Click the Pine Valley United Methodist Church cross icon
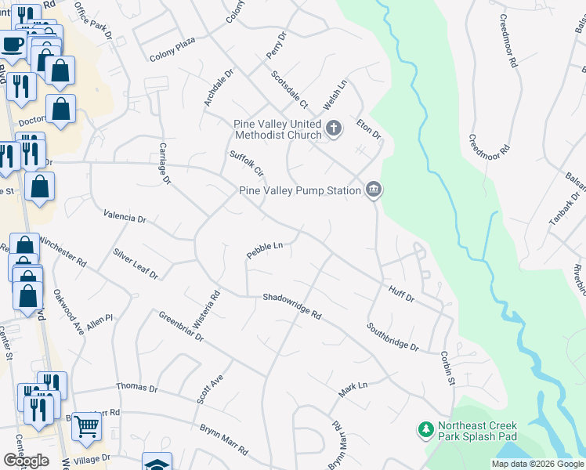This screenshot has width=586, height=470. [x=334, y=128]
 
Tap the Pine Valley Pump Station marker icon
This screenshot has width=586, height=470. [x=374, y=190]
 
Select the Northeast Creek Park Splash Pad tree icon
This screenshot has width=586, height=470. [x=425, y=429]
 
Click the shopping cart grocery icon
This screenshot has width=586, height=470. [x=89, y=426]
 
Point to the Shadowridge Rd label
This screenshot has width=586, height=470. [x=292, y=306]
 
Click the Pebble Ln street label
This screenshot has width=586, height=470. [x=264, y=250]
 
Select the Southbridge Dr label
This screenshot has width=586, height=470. [x=393, y=336]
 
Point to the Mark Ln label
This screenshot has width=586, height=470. [x=353, y=387]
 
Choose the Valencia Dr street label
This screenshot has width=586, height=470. [x=125, y=218]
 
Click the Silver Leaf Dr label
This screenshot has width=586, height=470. [x=135, y=264]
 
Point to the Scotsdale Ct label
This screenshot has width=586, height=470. [x=290, y=90]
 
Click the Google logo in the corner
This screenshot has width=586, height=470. [x=27, y=461]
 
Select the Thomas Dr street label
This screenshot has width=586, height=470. [x=137, y=388]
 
